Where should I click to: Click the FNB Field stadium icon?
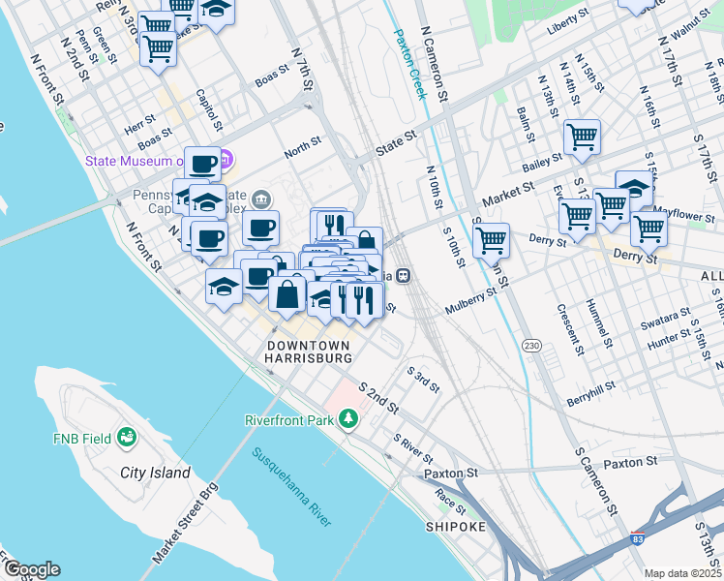tap(126, 439)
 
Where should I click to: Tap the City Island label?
tap(156, 473)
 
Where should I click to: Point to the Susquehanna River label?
tap(290, 486)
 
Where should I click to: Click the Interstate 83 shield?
tap(638, 538)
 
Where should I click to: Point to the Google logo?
tap(31, 569)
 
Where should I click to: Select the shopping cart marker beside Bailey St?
tap(582, 137)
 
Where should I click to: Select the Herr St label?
tap(139, 125)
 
